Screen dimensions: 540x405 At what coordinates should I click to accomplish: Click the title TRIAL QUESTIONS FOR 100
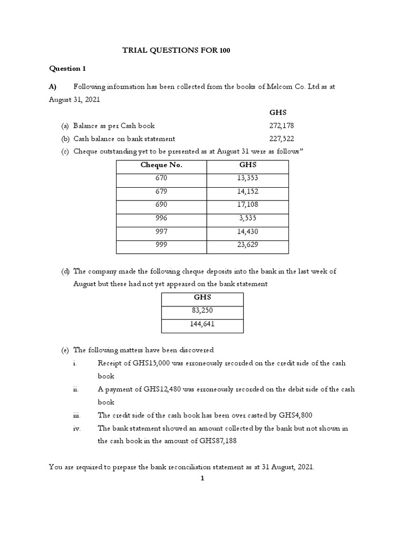click(x=176, y=51)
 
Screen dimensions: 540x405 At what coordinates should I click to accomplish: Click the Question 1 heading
click(x=67, y=69)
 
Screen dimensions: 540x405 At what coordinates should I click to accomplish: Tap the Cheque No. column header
click(x=161, y=166)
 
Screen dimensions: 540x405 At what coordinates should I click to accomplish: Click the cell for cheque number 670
click(x=161, y=179)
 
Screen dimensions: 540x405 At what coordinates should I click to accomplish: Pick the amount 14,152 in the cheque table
click(x=247, y=192)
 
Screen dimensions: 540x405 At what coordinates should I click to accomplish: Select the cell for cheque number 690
click(x=161, y=205)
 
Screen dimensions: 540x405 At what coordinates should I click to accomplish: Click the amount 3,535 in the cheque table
click(x=247, y=218)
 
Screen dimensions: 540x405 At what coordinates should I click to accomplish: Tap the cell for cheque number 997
click(x=161, y=232)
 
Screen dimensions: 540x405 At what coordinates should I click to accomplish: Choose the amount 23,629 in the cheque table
click(x=247, y=245)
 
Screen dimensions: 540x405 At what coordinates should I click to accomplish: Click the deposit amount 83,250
click(x=202, y=311)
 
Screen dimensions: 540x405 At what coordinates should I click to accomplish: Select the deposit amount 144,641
click(x=202, y=324)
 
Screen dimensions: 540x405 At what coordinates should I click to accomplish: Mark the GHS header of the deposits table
click(x=202, y=298)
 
